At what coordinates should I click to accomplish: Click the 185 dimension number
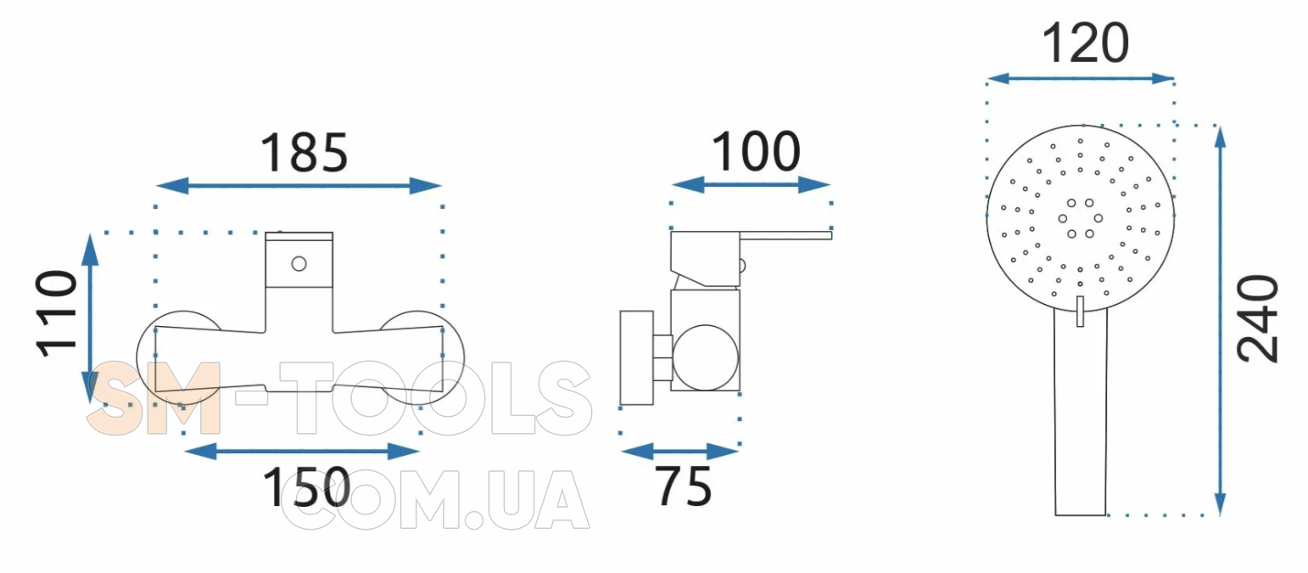[x=304, y=153]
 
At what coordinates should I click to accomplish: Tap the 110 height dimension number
[x=57, y=313]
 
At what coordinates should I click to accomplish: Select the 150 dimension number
[x=306, y=487]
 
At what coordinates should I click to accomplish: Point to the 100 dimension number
[x=756, y=151]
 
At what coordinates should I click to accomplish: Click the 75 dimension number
[x=684, y=486]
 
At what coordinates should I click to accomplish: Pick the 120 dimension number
[x=1086, y=42]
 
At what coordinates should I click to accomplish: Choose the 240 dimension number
[x=1257, y=319]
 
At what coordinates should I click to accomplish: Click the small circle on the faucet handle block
[x=299, y=264]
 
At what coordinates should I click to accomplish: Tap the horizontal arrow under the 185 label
[x=299, y=186]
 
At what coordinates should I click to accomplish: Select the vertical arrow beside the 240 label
[x=1220, y=321]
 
